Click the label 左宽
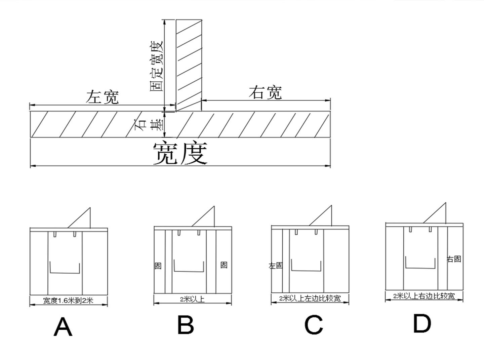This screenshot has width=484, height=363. click(x=102, y=97)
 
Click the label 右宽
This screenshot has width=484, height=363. click(x=265, y=92)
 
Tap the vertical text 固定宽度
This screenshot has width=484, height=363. click(x=156, y=66)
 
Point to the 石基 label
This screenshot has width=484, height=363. click(x=148, y=125)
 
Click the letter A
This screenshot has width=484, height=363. click(x=63, y=327)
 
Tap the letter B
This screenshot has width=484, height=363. click(x=186, y=325)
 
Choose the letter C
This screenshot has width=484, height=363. click(x=313, y=325)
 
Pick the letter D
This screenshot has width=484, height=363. click(x=421, y=323)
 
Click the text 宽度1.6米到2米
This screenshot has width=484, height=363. click(x=68, y=300)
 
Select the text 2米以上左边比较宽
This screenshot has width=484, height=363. click(x=310, y=298)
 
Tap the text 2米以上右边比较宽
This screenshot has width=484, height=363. click(x=424, y=296)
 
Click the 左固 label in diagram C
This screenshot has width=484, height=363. click(x=276, y=266)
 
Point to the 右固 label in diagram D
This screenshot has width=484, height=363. click(x=453, y=259)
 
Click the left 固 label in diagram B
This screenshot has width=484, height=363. click(x=158, y=266)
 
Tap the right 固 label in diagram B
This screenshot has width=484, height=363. click(x=224, y=265)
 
